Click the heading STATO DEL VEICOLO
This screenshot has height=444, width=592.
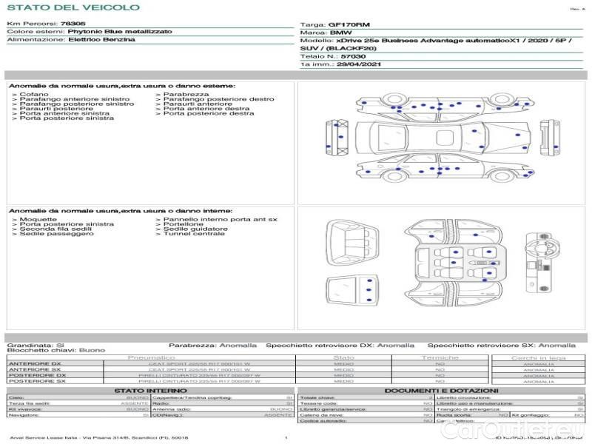pos(73,7)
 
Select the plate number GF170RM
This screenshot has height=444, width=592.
pos(344,24)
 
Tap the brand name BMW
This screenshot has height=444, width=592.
pos(340,33)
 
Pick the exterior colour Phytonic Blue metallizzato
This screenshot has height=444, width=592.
pos(120,32)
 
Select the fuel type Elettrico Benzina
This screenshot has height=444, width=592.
pos(101,39)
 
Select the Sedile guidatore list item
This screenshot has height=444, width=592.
pos(195,229)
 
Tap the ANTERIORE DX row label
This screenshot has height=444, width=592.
pos(35,363)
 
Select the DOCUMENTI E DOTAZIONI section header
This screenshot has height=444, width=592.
pos(441,390)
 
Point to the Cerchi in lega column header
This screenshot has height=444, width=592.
pos(539,357)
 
